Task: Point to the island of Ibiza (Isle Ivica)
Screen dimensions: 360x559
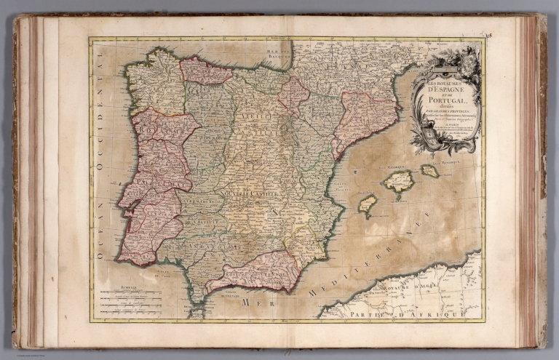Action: (368, 204)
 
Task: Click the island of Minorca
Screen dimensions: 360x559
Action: (429, 170)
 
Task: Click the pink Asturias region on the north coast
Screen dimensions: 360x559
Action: (205, 71)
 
